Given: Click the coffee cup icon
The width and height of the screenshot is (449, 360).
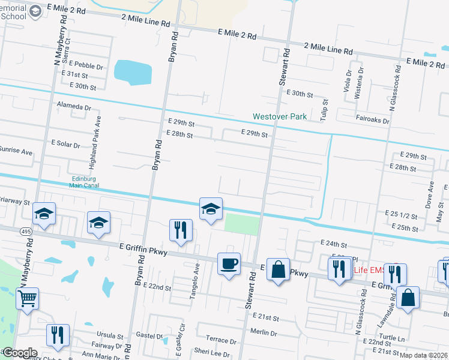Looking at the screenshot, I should (x=229, y=263).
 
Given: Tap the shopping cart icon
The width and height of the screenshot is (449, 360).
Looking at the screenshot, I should (x=28, y=298).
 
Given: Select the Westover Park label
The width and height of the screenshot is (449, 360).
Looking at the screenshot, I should (x=280, y=116).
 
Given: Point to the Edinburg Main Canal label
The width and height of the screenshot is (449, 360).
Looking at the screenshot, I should (x=84, y=182).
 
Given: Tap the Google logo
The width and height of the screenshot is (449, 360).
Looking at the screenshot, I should (x=19, y=353).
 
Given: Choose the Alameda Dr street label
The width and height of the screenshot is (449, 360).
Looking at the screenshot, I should (x=73, y=107).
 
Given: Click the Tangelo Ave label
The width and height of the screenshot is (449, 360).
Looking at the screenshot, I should (x=197, y=275).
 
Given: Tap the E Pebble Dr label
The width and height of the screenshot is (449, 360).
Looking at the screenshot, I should (x=86, y=63).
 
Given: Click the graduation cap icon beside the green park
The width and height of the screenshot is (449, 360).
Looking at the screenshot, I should (x=211, y=209).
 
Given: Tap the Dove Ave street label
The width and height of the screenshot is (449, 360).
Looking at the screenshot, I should (x=430, y=196).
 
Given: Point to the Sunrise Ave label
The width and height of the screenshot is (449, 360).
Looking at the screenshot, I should (x=16, y=152).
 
